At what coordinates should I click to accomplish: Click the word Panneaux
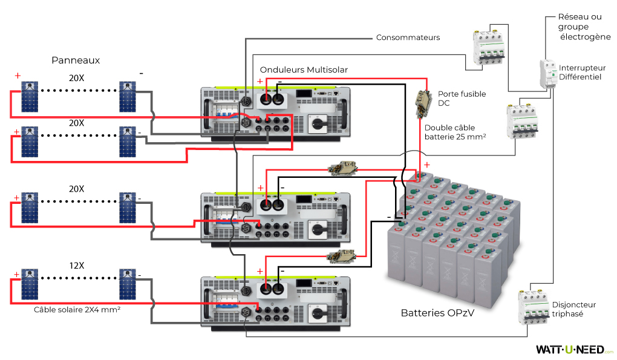point(76,60)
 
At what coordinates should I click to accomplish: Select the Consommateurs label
point(408,38)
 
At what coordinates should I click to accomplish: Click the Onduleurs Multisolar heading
point(304,70)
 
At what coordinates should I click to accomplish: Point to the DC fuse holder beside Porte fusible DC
point(422,105)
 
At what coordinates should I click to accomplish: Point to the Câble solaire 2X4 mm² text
point(77,309)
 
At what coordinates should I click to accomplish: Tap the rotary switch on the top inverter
point(318,124)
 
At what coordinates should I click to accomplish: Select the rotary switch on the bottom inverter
point(318,315)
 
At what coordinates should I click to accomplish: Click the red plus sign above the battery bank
point(426,165)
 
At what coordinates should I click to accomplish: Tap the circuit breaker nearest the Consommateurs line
point(488,48)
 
